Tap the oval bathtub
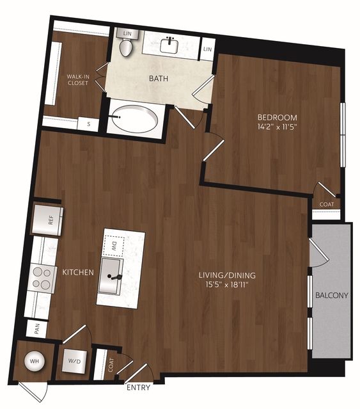click(x=135, y=119)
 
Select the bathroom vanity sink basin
click(x=169, y=45)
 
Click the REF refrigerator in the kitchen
click(x=47, y=220)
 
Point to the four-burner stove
click(x=42, y=278)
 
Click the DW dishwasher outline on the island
click(x=114, y=246)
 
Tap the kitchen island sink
click(x=110, y=276)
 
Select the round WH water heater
click(x=34, y=361)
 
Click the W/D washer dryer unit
click(x=74, y=361)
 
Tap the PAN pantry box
click(x=36, y=328)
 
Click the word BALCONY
click(x=332, y=295)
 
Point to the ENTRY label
click(x=138, y=387)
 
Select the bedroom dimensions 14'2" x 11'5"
click(x=277, y=127)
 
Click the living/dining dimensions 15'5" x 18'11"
click(x=226, y=284)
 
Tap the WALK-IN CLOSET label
click(x=78, y=80)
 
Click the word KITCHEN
click(x=78, y=272)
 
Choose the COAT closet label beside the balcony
click(x=327, y=204)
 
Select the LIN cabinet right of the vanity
click(x=208, y=49)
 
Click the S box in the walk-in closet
click(x=88, y=124)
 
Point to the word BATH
click(x=159, y=79)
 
